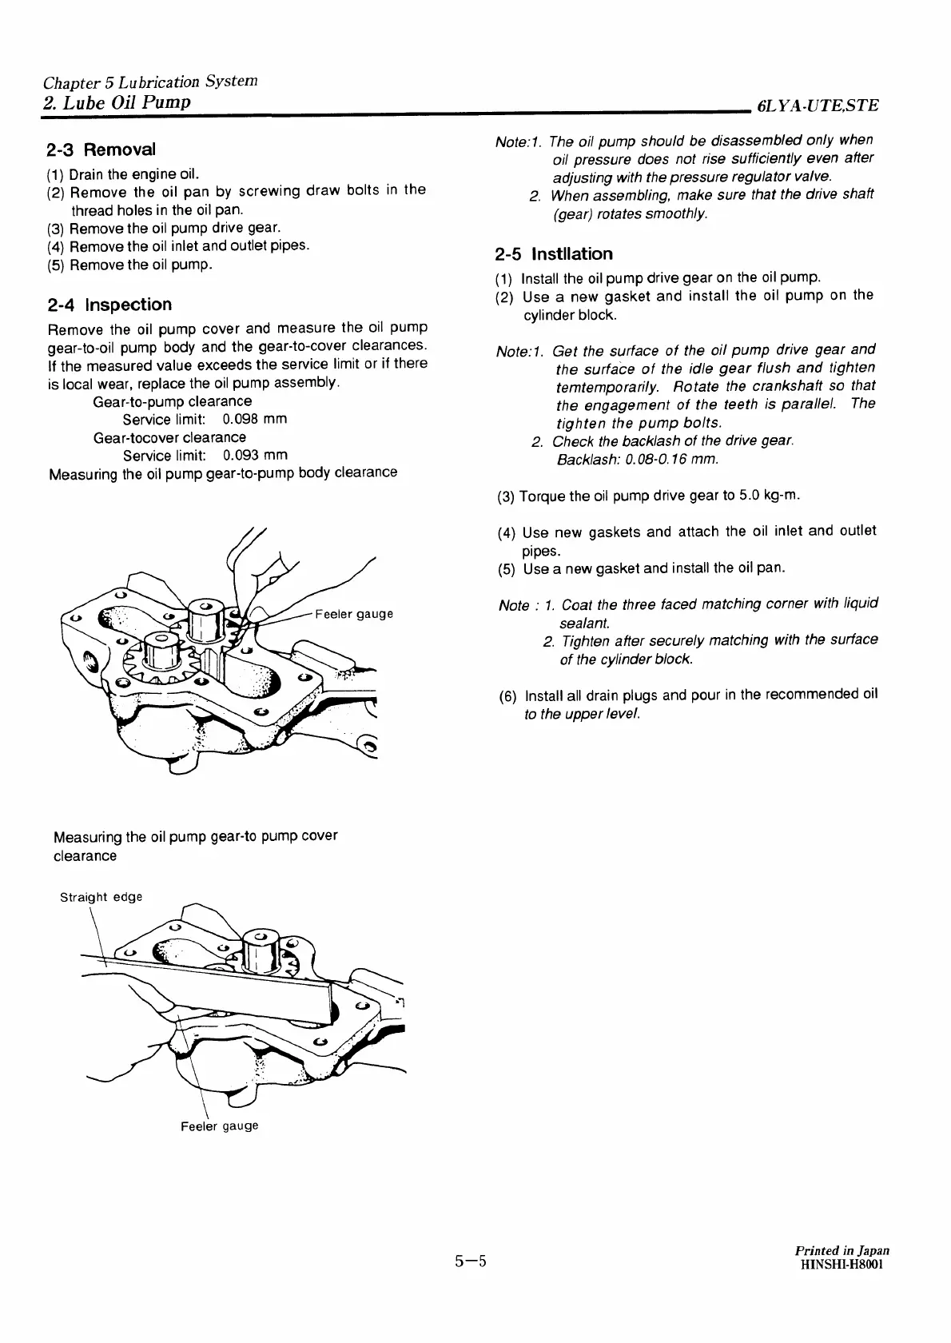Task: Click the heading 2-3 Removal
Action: pos(101,149)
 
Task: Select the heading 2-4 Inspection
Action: pos(109,305)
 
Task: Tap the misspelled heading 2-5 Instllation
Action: pos(554,254)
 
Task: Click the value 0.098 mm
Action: pos(255,419)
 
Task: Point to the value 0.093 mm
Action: pos(255,456)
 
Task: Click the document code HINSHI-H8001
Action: pos(842,1263)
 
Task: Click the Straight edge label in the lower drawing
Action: pos(101,897)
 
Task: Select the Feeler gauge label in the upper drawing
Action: pos(354,614)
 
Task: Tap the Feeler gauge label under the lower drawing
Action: pos(219,1126)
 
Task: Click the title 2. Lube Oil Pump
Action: pos(117,102)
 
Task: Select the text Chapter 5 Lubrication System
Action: pos(150,82)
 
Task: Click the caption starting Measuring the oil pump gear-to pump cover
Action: pos(195,836)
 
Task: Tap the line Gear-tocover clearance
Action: pos(169,437)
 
